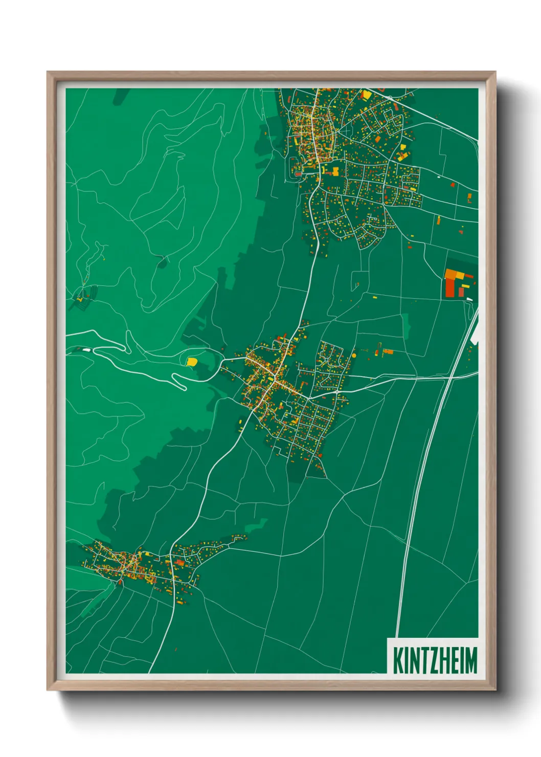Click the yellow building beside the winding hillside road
pyautogui.click(x=191, y=362)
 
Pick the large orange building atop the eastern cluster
pyautogui.click(x=450, y=273)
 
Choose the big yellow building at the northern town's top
pyautogui.click(x=366, y=95)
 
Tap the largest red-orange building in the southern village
pyautogui.click(x=179, y=562)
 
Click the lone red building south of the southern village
pyautogui.click(x=176, y=650)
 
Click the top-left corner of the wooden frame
pyautogui.click(x=48, y=72)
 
